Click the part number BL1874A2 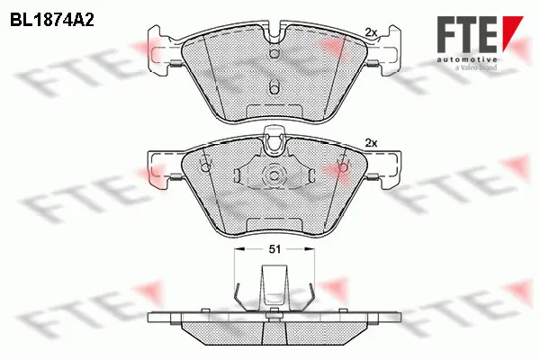[53, 17]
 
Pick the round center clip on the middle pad [273, 175]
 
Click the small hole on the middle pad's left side [205, 166]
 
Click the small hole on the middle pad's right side [341, 166]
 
